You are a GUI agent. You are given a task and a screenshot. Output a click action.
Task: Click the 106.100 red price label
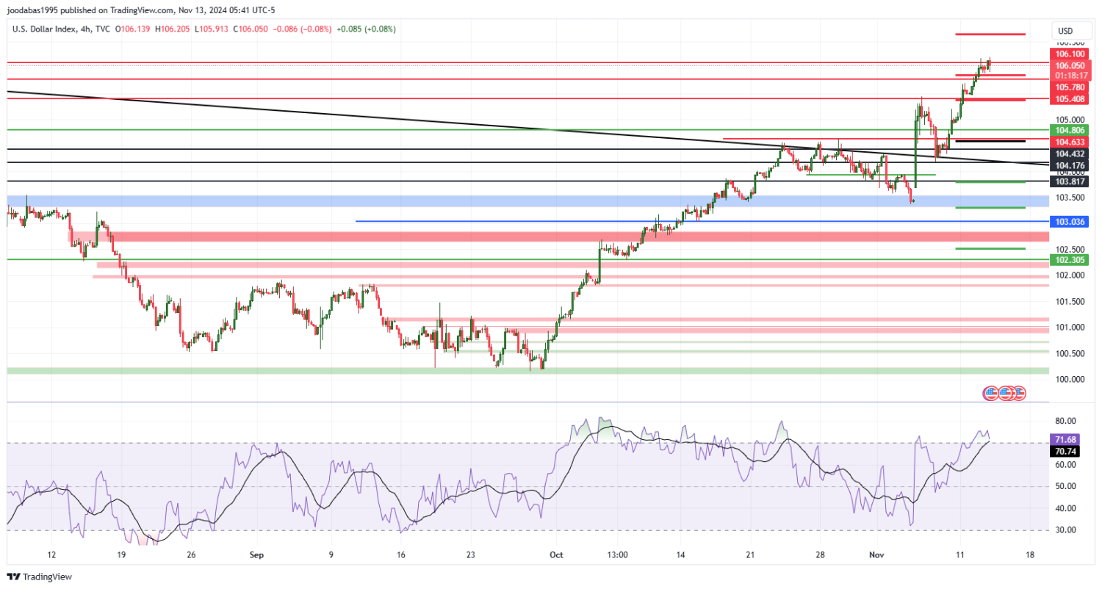[1070, 54]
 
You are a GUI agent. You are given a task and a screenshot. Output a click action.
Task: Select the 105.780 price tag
[1070, 87]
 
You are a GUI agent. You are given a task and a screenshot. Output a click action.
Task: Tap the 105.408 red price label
[1070, 99]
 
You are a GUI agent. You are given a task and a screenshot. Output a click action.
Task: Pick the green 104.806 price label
[1070, 129]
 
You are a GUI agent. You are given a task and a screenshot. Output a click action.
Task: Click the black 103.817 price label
[1070, 181]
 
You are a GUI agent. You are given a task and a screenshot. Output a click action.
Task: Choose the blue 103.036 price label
[1070, 221]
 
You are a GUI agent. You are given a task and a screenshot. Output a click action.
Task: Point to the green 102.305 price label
[1070, 260]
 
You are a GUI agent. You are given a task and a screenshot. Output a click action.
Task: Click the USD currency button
[1065, 31]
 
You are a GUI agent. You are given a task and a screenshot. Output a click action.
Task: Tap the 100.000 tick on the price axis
[1070, 380]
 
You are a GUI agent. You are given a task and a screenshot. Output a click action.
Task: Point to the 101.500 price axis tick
[1070, 302]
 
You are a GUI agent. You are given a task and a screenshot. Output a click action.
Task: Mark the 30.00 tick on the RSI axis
[1066, 530]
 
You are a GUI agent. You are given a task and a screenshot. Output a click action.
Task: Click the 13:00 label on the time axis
[617, 555]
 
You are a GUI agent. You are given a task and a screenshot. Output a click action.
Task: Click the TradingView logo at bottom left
[40, 578]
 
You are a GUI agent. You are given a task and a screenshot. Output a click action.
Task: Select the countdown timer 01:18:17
[1070, 76]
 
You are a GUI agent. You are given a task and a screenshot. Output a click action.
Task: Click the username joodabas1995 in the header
[36, 10]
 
